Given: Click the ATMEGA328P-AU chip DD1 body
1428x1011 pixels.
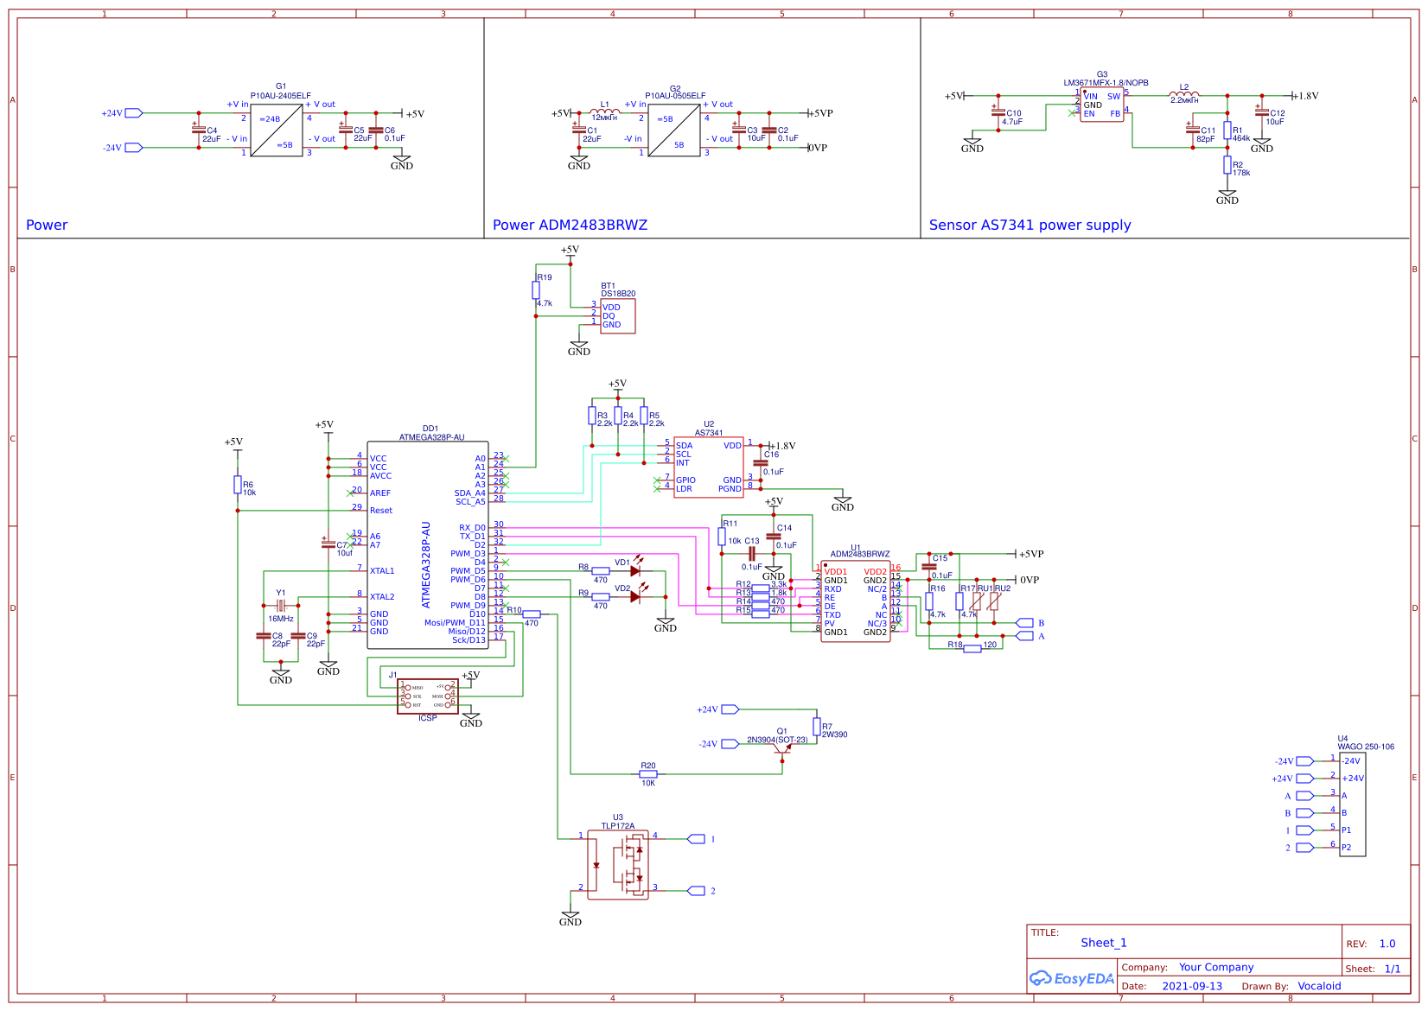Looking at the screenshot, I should tap(428, 544).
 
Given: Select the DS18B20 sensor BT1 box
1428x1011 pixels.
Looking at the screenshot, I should tap(617, 316).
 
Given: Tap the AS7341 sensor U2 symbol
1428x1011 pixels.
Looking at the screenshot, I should tap(708, 467).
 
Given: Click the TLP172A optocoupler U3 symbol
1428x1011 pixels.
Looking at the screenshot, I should tap(617, 865).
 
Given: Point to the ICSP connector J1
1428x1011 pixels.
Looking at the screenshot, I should tap(428, 696).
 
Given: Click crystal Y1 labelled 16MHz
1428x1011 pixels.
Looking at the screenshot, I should tap(280, 606).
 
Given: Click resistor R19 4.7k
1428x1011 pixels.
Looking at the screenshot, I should tap(536, 290).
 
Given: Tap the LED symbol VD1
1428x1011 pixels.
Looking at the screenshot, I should tap(635, 571).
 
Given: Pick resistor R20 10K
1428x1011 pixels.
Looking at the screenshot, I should tap(648, 774).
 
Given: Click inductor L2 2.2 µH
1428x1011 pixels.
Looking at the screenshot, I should tap(1183, 95).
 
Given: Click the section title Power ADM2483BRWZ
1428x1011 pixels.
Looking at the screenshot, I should tap(570, 226).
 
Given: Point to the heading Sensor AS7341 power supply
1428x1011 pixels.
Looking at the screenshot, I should tap(1030, 226).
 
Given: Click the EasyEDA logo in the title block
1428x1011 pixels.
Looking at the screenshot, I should tap(1072, 979).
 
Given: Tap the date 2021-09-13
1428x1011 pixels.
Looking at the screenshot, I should tap(1192, 986).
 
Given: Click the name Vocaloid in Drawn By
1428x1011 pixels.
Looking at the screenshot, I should tap(1319, 986).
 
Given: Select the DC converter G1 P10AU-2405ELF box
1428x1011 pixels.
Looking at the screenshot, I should tap(277, 130).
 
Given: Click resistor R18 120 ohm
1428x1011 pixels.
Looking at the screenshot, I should tap(972, 648).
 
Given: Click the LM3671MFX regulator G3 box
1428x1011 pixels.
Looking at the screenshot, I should tap(1101, 105).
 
